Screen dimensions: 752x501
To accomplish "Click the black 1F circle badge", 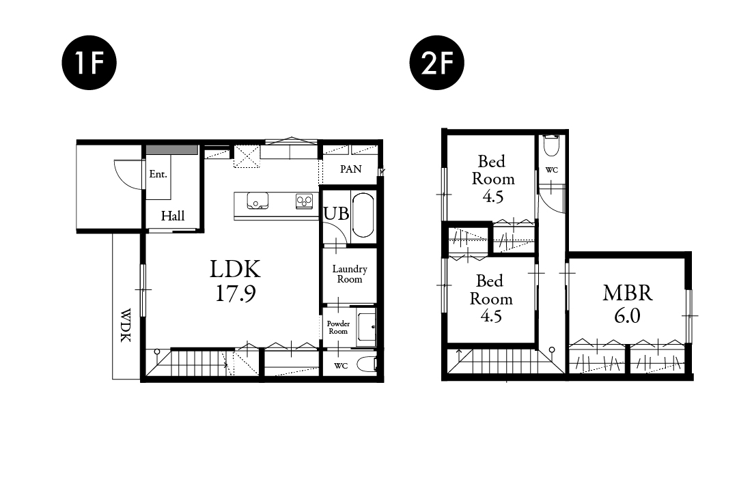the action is (89, 62).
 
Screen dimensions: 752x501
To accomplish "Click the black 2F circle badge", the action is (437, 62).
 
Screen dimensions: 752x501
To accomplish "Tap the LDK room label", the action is (235, 269).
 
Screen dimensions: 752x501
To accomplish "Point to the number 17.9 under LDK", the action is (236, 294).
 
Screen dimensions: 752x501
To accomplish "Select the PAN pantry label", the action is (350, 169).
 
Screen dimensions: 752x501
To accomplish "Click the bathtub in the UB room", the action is (363, 215).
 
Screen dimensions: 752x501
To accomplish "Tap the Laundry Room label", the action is (350, 274).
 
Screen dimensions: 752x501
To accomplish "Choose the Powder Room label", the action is (338, 328).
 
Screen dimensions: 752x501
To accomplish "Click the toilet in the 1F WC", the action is (367, 365).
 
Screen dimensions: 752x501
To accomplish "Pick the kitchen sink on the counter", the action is (257, 201).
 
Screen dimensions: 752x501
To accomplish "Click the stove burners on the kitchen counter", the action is (304, 201).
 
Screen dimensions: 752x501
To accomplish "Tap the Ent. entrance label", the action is (158, 174).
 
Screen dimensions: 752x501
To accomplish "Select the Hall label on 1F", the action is (173, 216).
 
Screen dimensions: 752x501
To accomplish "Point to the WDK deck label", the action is (125, 325).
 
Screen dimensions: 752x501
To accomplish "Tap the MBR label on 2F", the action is (627, 292).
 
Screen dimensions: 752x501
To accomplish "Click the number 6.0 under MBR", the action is (627, 316).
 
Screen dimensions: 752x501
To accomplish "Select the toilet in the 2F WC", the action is (551, 145).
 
